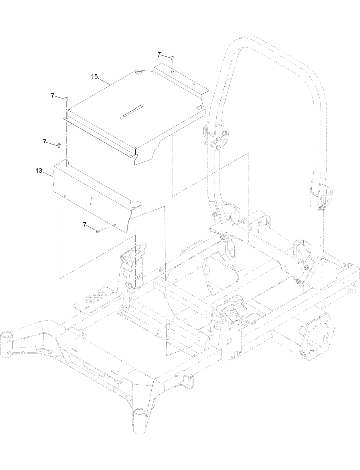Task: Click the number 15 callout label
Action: tap(94, 76)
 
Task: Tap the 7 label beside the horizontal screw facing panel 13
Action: tap(84, 225)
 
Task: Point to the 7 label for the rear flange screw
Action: tap(159, 54)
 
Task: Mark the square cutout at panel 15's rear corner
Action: tap(139, 73)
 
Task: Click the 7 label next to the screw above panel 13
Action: tap(44, 141)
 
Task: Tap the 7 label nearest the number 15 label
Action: tap(53, 96)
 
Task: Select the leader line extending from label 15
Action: tap(104, 80)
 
